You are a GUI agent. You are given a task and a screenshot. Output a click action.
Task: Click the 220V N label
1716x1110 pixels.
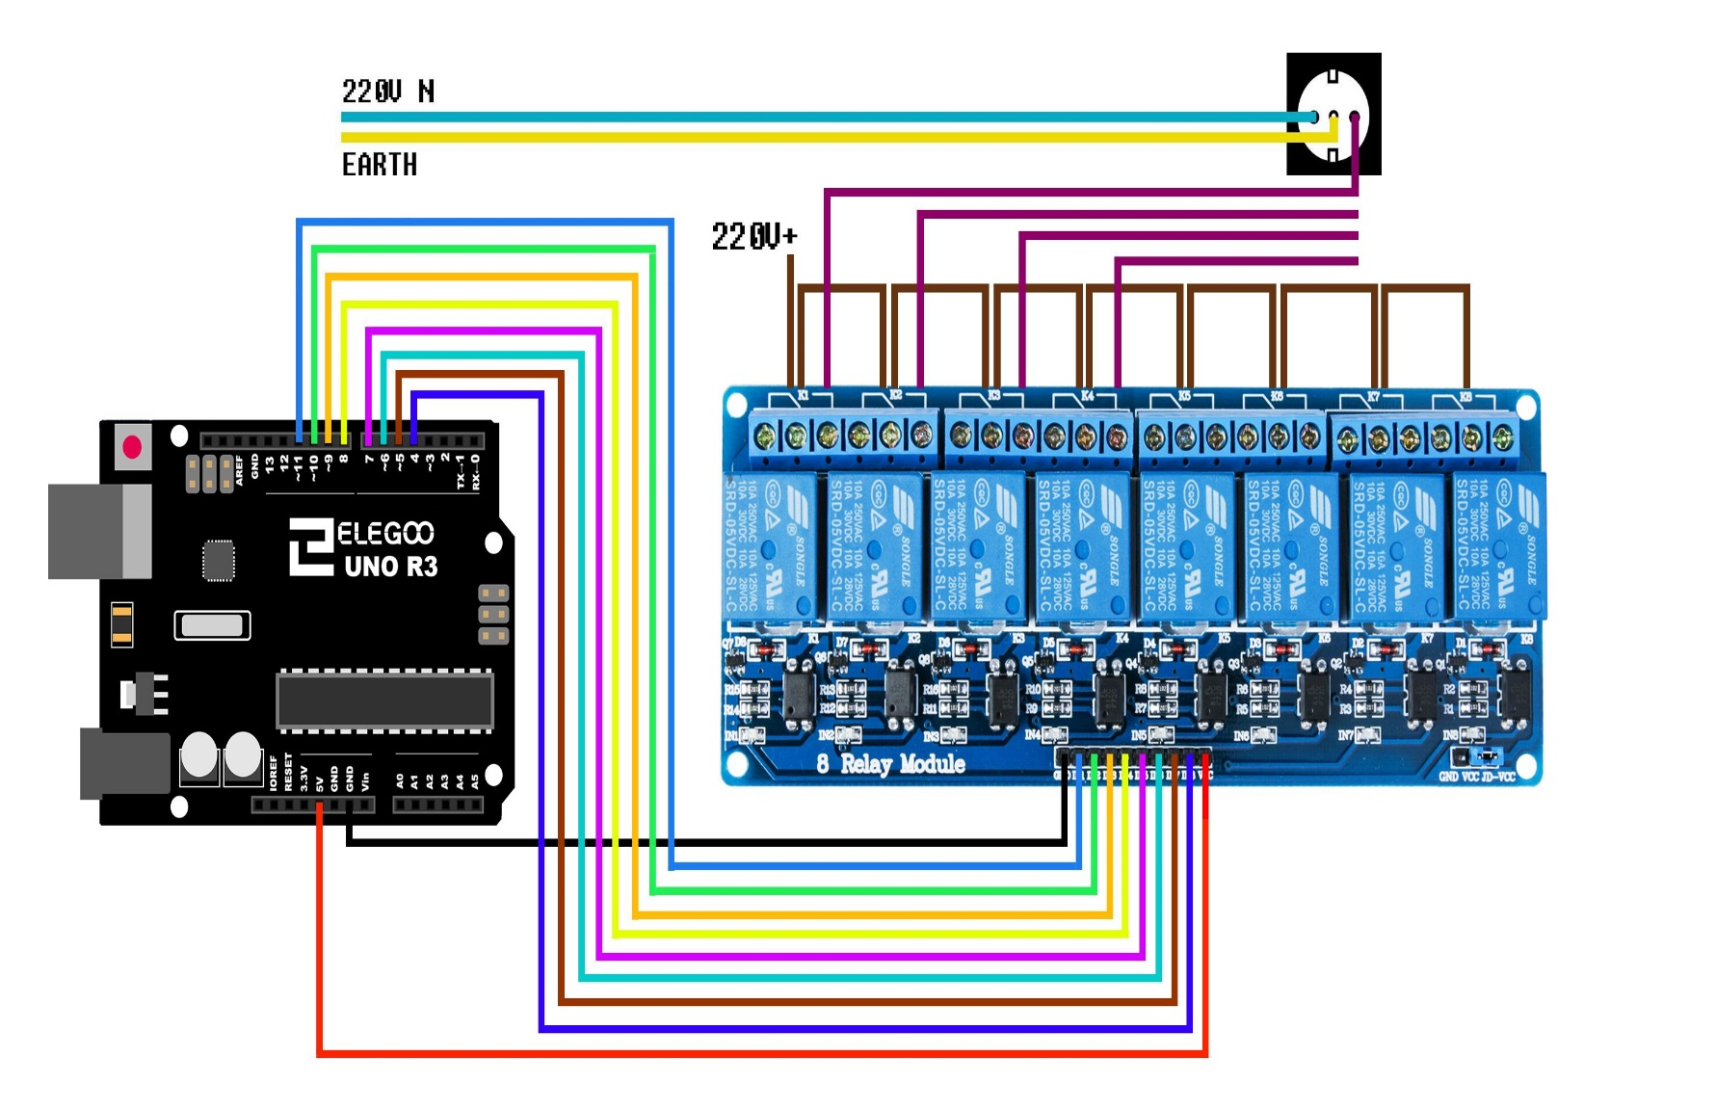pyautogui.click(x=387, y=92)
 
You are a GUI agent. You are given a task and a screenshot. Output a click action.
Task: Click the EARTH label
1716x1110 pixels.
pyautogui.click(x=380, y=165)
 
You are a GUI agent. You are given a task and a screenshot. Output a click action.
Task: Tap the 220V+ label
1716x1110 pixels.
pyautogui.click(x=753, y=237)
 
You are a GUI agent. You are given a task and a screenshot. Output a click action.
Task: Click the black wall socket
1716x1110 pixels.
pyautogui.click(x=1333, y=114)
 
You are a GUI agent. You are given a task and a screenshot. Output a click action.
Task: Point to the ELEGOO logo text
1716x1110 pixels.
pyautogui.click(x=384, y=533)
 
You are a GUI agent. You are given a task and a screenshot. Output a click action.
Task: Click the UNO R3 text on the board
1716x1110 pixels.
pyautogui.click(x=390, y=567)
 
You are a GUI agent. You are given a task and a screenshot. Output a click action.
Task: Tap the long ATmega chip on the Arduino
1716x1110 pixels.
pyautogui.click(x=384, y=700)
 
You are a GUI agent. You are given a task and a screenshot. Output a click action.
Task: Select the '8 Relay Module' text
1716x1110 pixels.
pyautogui.click(x=890, y=764)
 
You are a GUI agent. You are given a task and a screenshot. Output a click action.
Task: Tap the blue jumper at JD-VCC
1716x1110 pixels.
pyautogui.click(x=1487, y=755)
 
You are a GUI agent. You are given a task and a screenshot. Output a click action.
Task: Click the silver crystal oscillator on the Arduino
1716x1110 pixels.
pyautogui.click(x=212, y=625)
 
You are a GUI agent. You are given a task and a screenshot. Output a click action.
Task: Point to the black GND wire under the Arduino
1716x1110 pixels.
pyautogui.click(x=674, y=842)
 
